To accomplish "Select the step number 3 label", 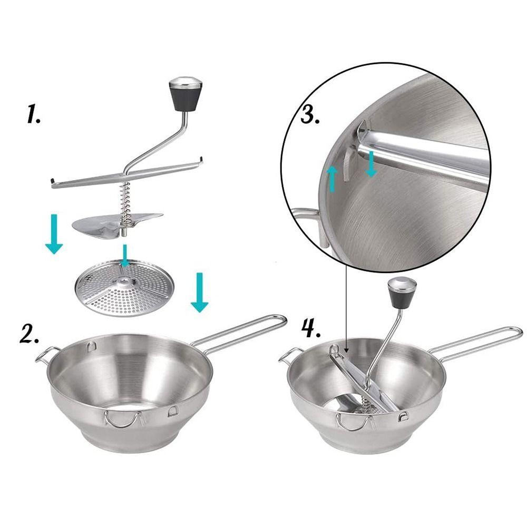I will pos(310,112).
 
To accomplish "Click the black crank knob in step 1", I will pos(186,95).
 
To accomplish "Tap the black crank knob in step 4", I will pos(402,292).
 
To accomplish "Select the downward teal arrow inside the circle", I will pos(371,164).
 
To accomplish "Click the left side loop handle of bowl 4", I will pos(289,355).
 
